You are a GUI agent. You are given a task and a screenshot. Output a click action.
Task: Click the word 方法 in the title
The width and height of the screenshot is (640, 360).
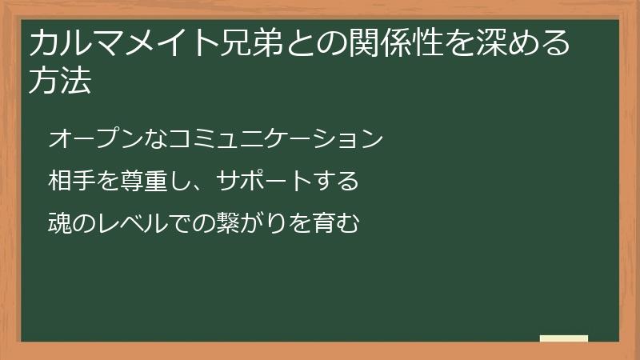tap(60, 82)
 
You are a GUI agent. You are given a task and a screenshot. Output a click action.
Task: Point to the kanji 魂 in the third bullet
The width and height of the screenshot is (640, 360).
tap(60, 223)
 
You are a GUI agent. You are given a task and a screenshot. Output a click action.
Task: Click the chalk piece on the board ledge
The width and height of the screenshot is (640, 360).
tap(564, 338)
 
